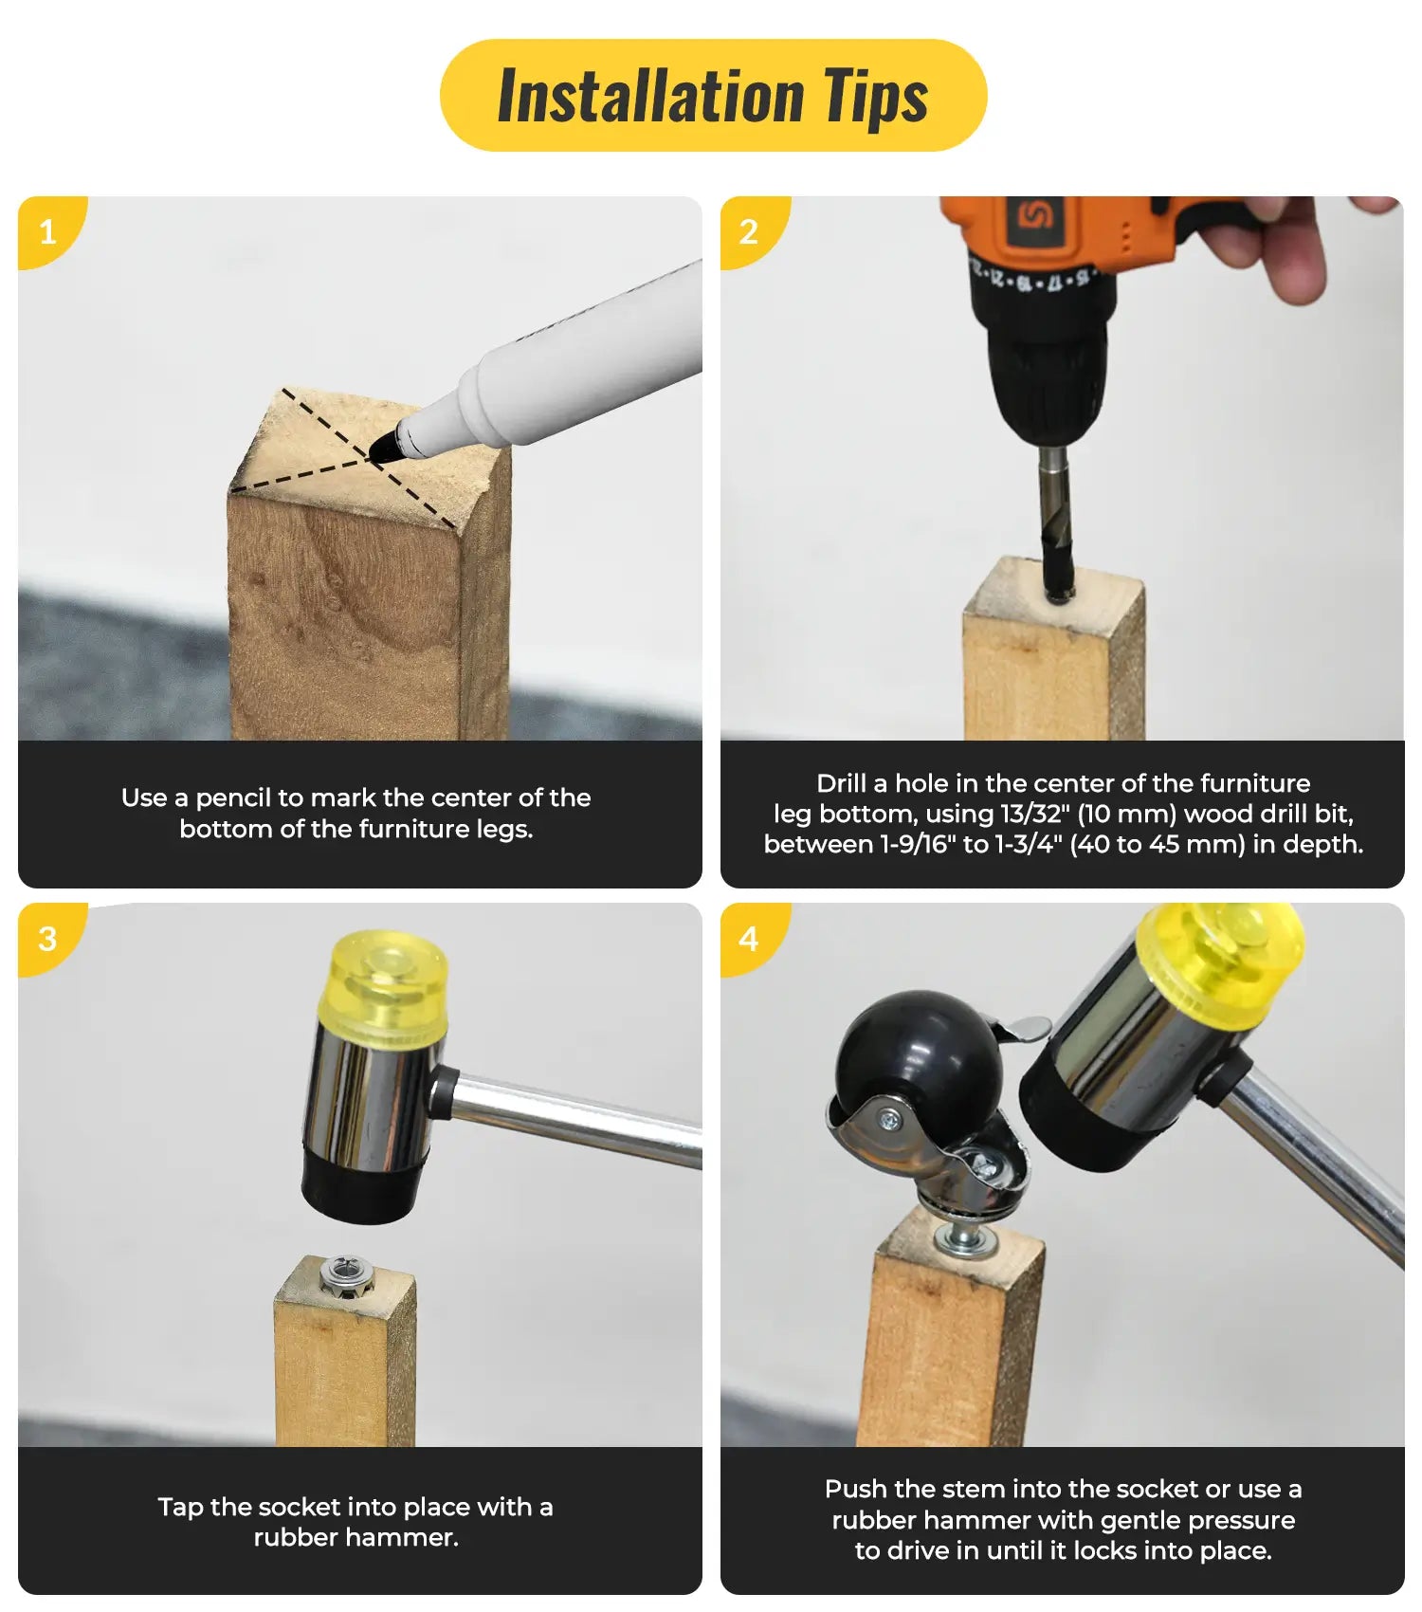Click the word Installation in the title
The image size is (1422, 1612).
click(x=650, y=96)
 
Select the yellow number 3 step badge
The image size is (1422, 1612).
click(x=47, y=938)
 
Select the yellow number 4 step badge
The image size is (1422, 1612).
click(x=749, y=938)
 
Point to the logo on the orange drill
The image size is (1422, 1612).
click(x=1035, y=216)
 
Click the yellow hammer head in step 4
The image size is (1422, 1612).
click(x=1223, y=958)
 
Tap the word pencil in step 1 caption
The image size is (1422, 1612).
click(x=235, y=798)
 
